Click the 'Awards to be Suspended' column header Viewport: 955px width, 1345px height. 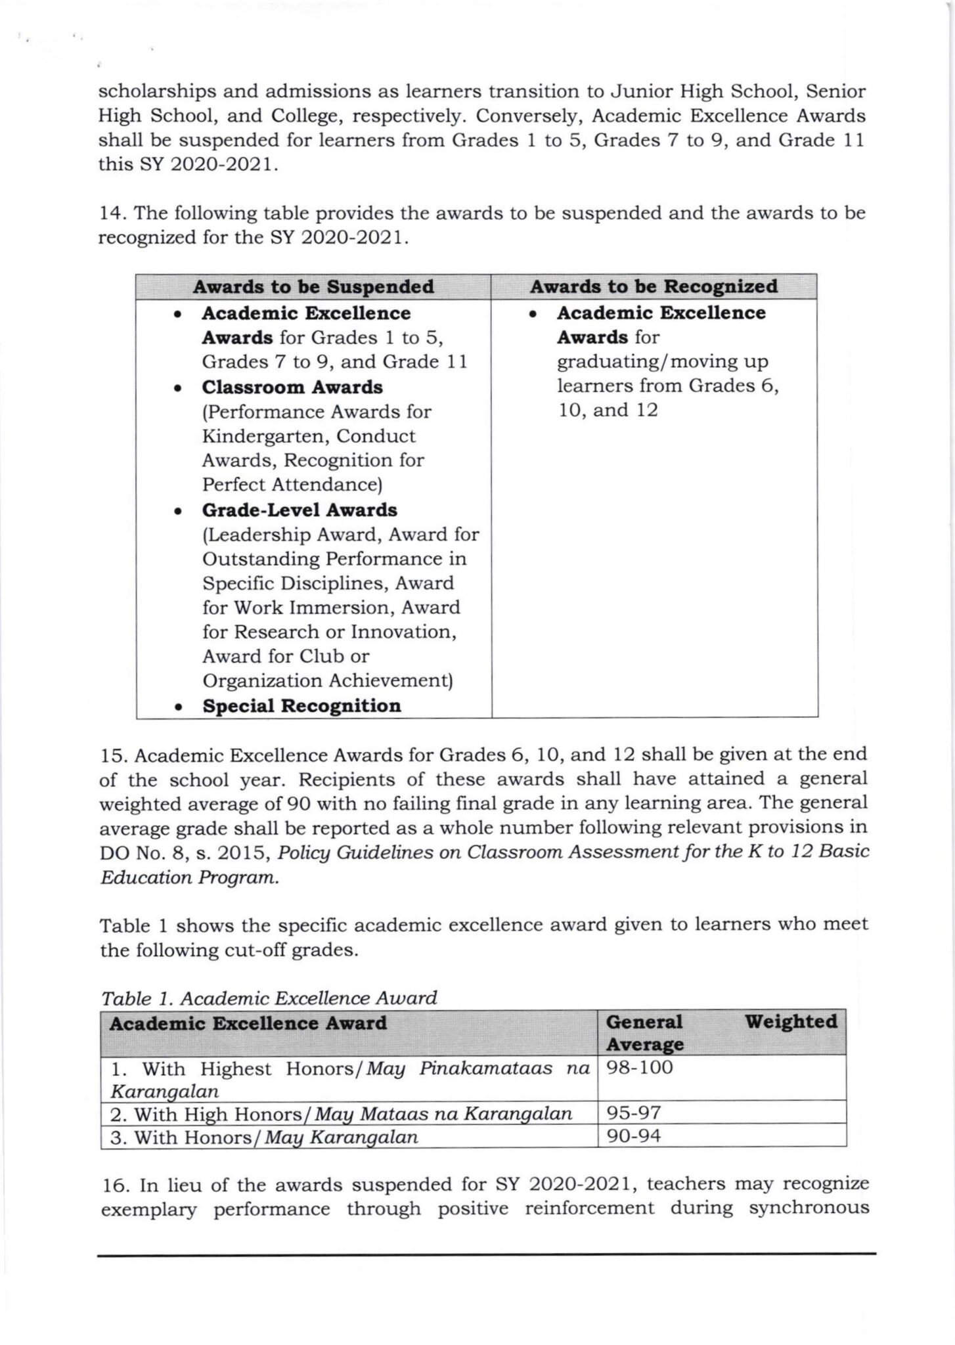313,287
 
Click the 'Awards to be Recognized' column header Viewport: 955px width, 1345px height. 654,286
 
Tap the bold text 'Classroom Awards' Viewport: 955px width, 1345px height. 292,387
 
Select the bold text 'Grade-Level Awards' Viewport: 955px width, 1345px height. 300,510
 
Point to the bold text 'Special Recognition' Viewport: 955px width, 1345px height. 301,706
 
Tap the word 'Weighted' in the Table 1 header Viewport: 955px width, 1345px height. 791,1022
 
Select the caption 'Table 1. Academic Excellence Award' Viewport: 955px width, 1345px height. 269,998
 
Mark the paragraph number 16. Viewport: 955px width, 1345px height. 114,1184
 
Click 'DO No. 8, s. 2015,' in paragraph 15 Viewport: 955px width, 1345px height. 186,852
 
